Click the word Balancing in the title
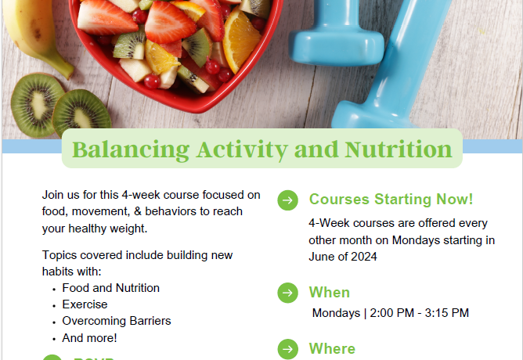click(131, 150)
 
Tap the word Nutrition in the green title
click(399, 149)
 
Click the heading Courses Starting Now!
click(391, 200)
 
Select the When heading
click(329, 293)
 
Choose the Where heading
click(332, 349)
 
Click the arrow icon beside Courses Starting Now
click(287, 200)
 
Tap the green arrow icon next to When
click(287, 293)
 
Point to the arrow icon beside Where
click(287, 349)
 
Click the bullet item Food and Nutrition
click(110, 288)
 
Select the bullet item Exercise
click(85, 304)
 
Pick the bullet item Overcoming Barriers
click(117, 321)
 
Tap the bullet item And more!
click(89, 338)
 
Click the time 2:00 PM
click(392, 313)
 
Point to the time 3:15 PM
click(447, 313)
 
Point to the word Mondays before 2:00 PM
click(336, 313)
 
